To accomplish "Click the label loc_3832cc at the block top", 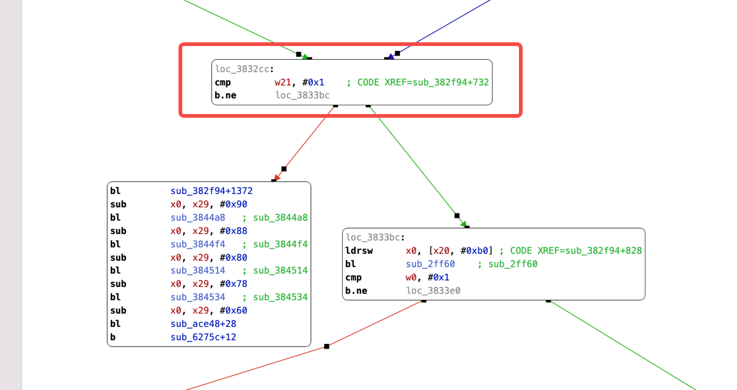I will [x=242, y=69].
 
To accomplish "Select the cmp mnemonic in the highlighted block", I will [x=223, y=82].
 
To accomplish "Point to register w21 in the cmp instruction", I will [x=282, y=82].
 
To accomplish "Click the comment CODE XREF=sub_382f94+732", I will [x=423, y=82].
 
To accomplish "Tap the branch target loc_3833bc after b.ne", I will [x=302, y=95].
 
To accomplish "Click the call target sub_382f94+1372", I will [x=212, y=191].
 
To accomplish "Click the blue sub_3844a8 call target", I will [x=198, y=218].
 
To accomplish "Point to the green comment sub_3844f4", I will [x=280, y=244].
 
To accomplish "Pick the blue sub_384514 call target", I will [x=198, y=270].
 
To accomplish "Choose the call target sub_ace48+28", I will [x=203, y=324].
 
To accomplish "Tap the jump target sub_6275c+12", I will [x=203, y=337].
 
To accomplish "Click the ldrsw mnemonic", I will [x=359, y=251].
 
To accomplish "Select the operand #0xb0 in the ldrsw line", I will [x=477, y=251].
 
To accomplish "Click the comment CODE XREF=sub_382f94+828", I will [x=576, y=251].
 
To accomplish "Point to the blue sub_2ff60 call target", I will [x=430, y=264].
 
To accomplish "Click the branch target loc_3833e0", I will [x=433, y=291].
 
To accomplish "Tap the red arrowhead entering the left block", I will [x=276, y=178].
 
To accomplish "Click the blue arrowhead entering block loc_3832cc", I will [x=392, y=57].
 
